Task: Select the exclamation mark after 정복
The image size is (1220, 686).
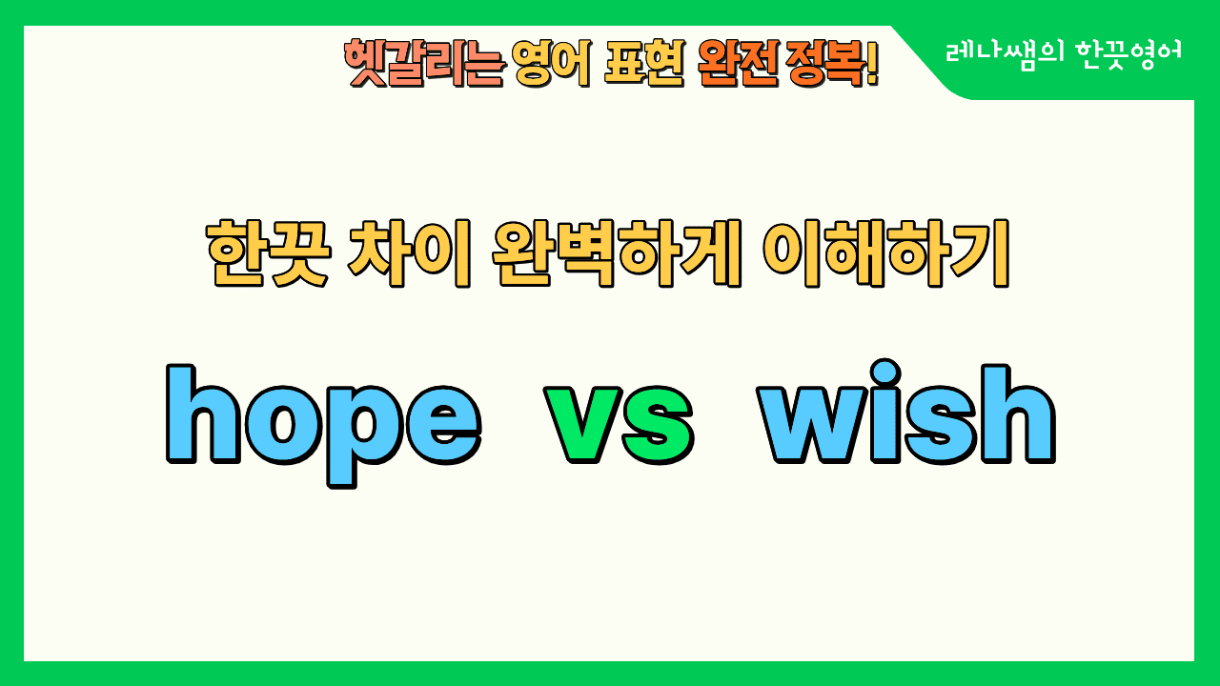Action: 871,65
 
